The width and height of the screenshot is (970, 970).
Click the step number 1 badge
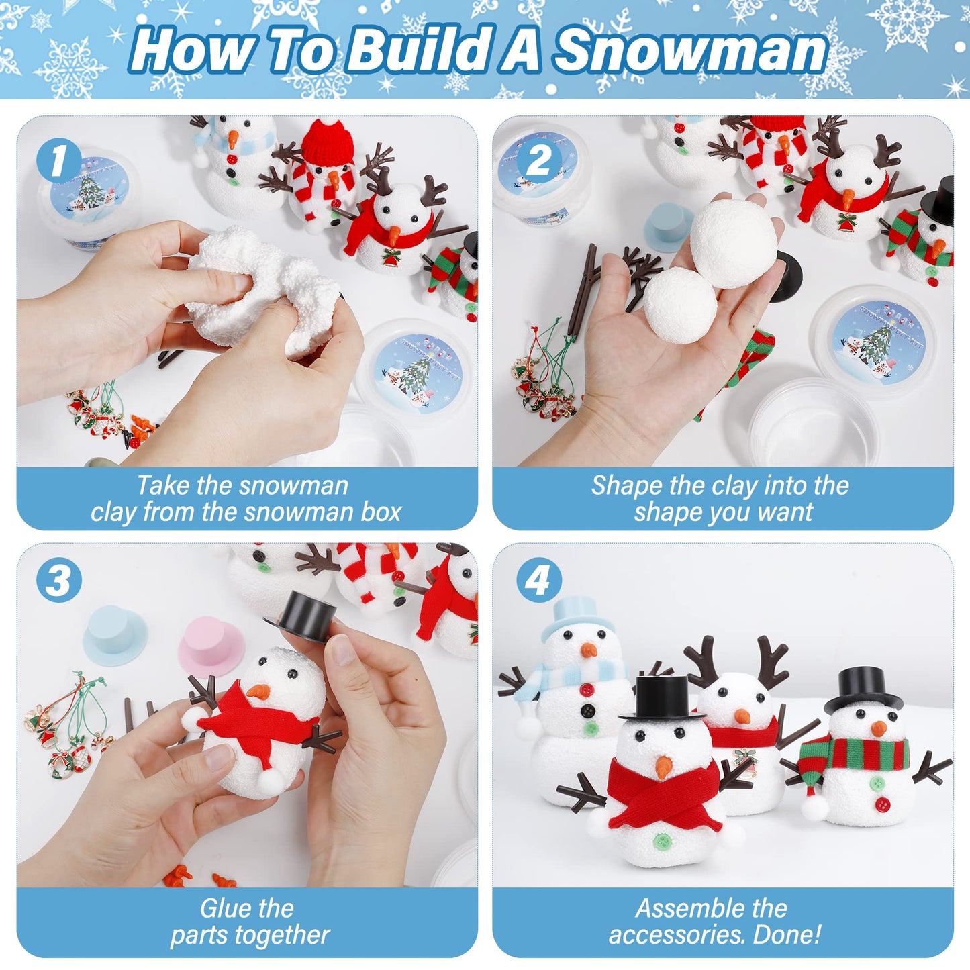(x=58, y=161)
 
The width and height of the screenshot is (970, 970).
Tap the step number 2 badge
(x=538, y=161)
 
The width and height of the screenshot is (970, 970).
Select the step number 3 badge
(x=58, y=581)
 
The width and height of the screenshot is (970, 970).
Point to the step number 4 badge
(x=538, y=581)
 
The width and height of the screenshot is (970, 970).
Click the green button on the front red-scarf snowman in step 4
(x=661, y=839)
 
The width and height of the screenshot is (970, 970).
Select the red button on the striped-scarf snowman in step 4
(x=883, y=804)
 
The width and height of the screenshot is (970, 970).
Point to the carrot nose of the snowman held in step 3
(x=258, y=691)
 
